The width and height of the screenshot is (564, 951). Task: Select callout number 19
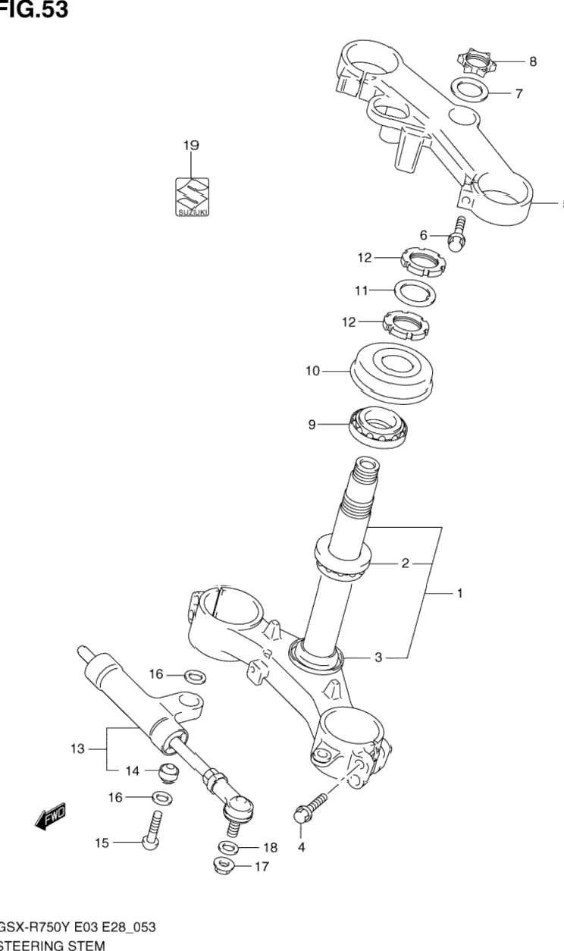(190, 145)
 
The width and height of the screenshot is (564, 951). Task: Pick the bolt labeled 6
(457, 234)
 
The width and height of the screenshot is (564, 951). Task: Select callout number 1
(459, 594)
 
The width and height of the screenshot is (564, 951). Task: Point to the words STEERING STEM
(53, 945)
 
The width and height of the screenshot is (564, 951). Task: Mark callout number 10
(313, 371)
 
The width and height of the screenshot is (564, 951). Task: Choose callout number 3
(378, 658)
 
